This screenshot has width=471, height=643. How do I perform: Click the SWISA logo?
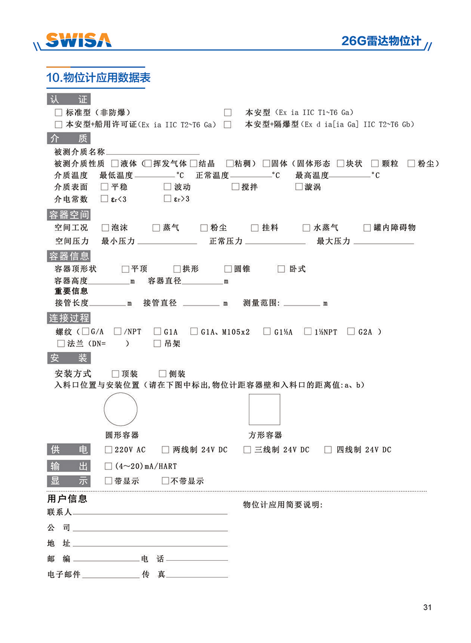click(x=78, y=40)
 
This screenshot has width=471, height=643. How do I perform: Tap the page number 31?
click(x=427, y=607)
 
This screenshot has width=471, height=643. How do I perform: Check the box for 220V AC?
click(x=109, y=450)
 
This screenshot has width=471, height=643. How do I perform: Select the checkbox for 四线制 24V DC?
click(x=328, y=450)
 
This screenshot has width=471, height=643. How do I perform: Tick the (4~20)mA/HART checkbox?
click(x=109, y=466)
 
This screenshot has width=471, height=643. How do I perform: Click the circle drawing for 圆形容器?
click(x=120, y=409)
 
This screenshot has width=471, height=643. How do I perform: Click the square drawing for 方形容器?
click(x=264, y=409)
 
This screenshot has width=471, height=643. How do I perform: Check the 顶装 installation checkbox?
click(x=116, y=374)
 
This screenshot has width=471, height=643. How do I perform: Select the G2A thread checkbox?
click(x=351, y=332)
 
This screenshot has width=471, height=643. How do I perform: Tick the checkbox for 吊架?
click(x=157, y=344)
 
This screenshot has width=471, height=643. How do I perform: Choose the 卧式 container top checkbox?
click(x=281, y=269)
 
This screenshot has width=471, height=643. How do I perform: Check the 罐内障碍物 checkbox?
click(x=367, y=228)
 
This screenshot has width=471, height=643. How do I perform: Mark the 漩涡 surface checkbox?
click(x=298, y=187)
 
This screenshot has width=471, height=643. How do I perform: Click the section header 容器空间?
click(x=69, y=215)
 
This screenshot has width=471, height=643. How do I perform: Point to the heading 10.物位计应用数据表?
click(x=98, y=78)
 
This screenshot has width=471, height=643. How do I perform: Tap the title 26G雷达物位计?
click(x=381, y=41)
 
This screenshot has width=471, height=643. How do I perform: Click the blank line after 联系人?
click(x=150, y=513)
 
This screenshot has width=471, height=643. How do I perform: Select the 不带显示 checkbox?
click(x=166, y=481)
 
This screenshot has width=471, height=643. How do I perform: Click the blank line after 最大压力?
click(x=383, y=242)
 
